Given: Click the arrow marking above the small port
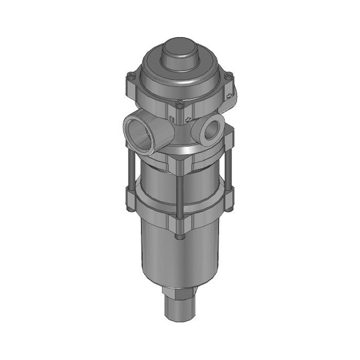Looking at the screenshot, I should point(189,120).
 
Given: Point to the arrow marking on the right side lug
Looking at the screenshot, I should point(231,95).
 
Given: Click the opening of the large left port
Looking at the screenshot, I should point(139,132).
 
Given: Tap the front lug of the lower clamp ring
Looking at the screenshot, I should point(178,222).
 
